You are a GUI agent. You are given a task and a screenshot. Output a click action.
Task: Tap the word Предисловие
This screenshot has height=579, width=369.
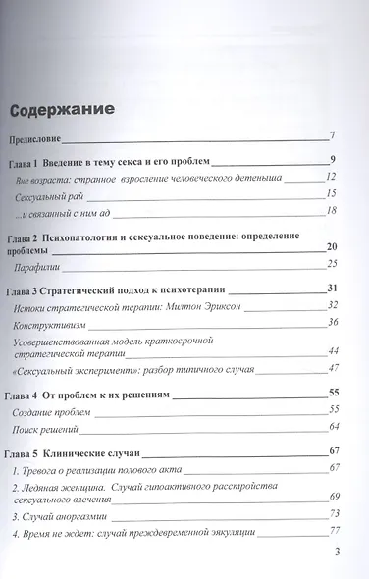pyautogui.click(x=39, y=136)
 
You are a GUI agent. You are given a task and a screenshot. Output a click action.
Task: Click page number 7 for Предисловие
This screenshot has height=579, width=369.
pyautogui.click(x=334, y=135)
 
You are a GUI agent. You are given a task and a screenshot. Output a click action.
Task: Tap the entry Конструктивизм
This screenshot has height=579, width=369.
pyautogui.click(x=59, y=324)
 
